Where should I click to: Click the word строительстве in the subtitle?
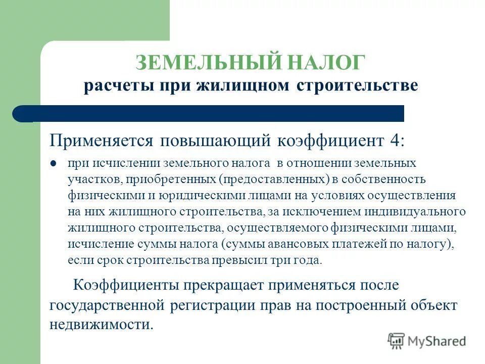pyautogui.click(x=357, y=85)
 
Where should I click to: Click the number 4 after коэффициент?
pyautogui.click(x=395, y=140)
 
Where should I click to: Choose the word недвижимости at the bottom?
pyautogui.click(x=101, y=325)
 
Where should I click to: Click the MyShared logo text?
pyautogui.click(x=437, y=341)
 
